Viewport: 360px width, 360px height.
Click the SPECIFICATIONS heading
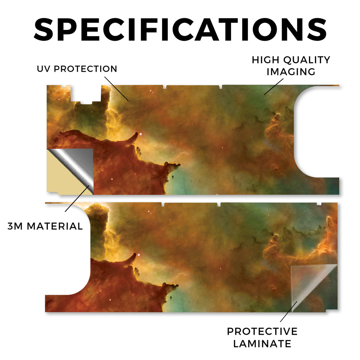[180, 30]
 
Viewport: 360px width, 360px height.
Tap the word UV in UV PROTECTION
[44, 69]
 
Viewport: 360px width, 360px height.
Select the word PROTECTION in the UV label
[85, 69]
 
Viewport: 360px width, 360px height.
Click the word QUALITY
[307, 60]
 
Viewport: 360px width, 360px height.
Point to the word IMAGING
[291, 72]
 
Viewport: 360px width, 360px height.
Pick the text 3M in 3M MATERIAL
[15, 226]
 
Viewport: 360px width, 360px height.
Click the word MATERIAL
[54, 226]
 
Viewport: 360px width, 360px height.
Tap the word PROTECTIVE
[262, 332]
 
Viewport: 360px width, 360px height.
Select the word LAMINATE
[262, 344]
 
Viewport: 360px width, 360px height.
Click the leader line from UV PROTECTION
[117, 89]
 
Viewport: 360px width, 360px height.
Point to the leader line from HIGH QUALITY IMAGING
[274, 86]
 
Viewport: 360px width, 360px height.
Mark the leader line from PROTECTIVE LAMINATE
[289, 311]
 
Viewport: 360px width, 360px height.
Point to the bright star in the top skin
[140, 134]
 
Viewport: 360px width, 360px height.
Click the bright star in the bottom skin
[139, 255]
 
